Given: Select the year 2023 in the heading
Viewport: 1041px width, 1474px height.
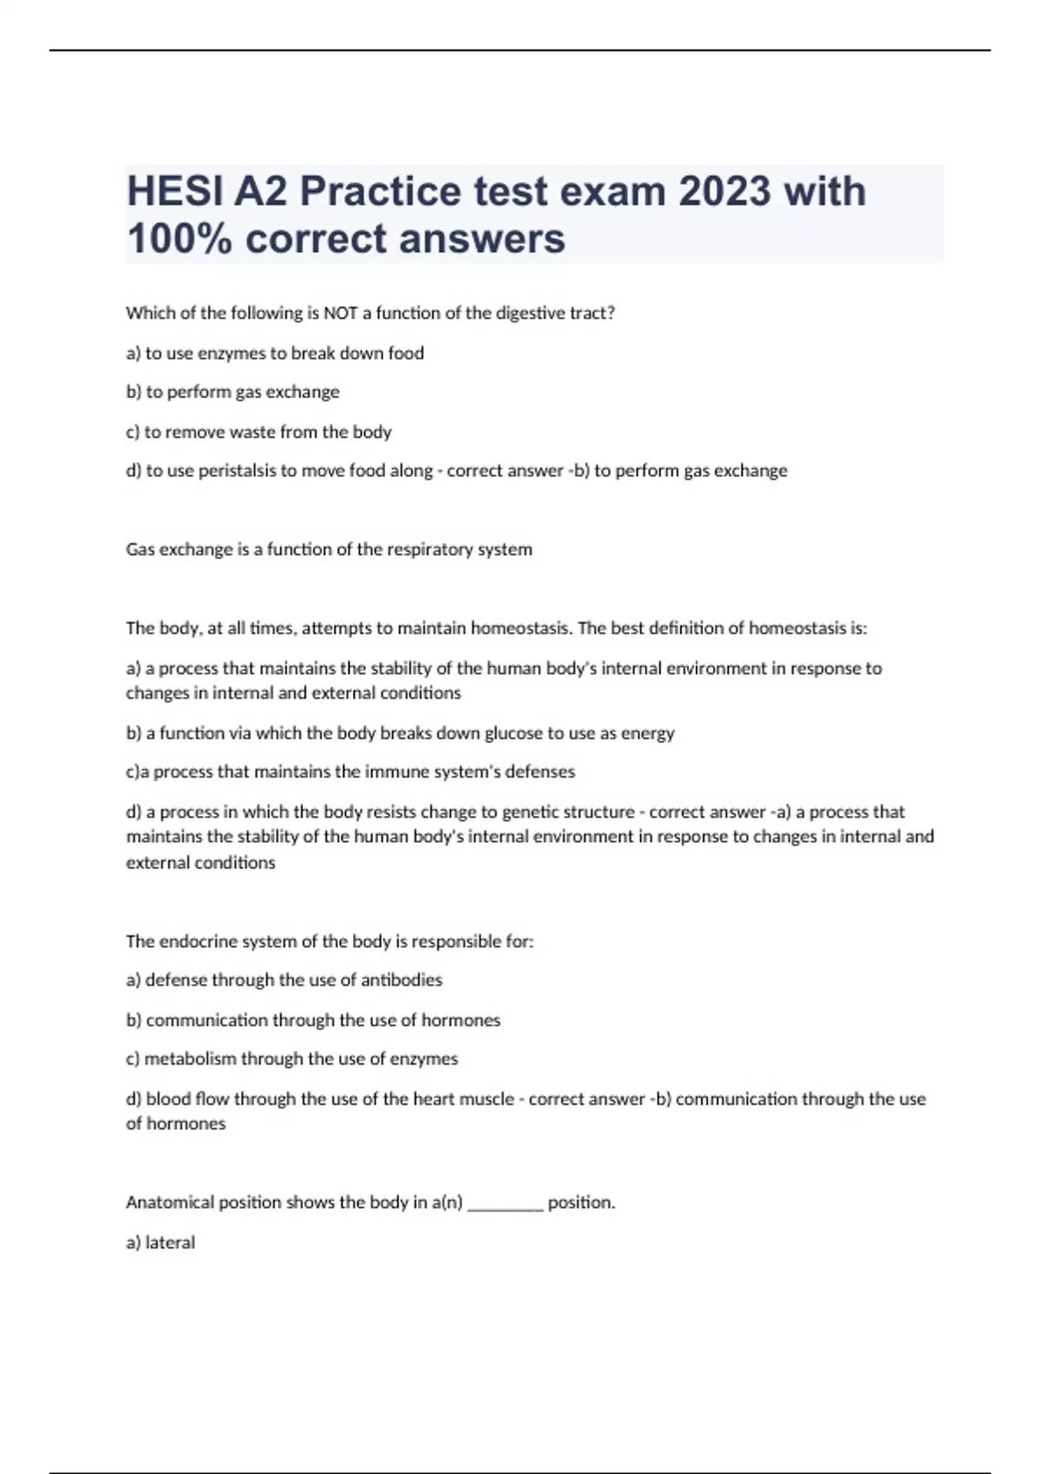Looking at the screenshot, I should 724,192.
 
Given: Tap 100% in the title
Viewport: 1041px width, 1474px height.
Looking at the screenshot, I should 180,238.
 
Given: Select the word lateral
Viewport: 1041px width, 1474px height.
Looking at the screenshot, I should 170,1242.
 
